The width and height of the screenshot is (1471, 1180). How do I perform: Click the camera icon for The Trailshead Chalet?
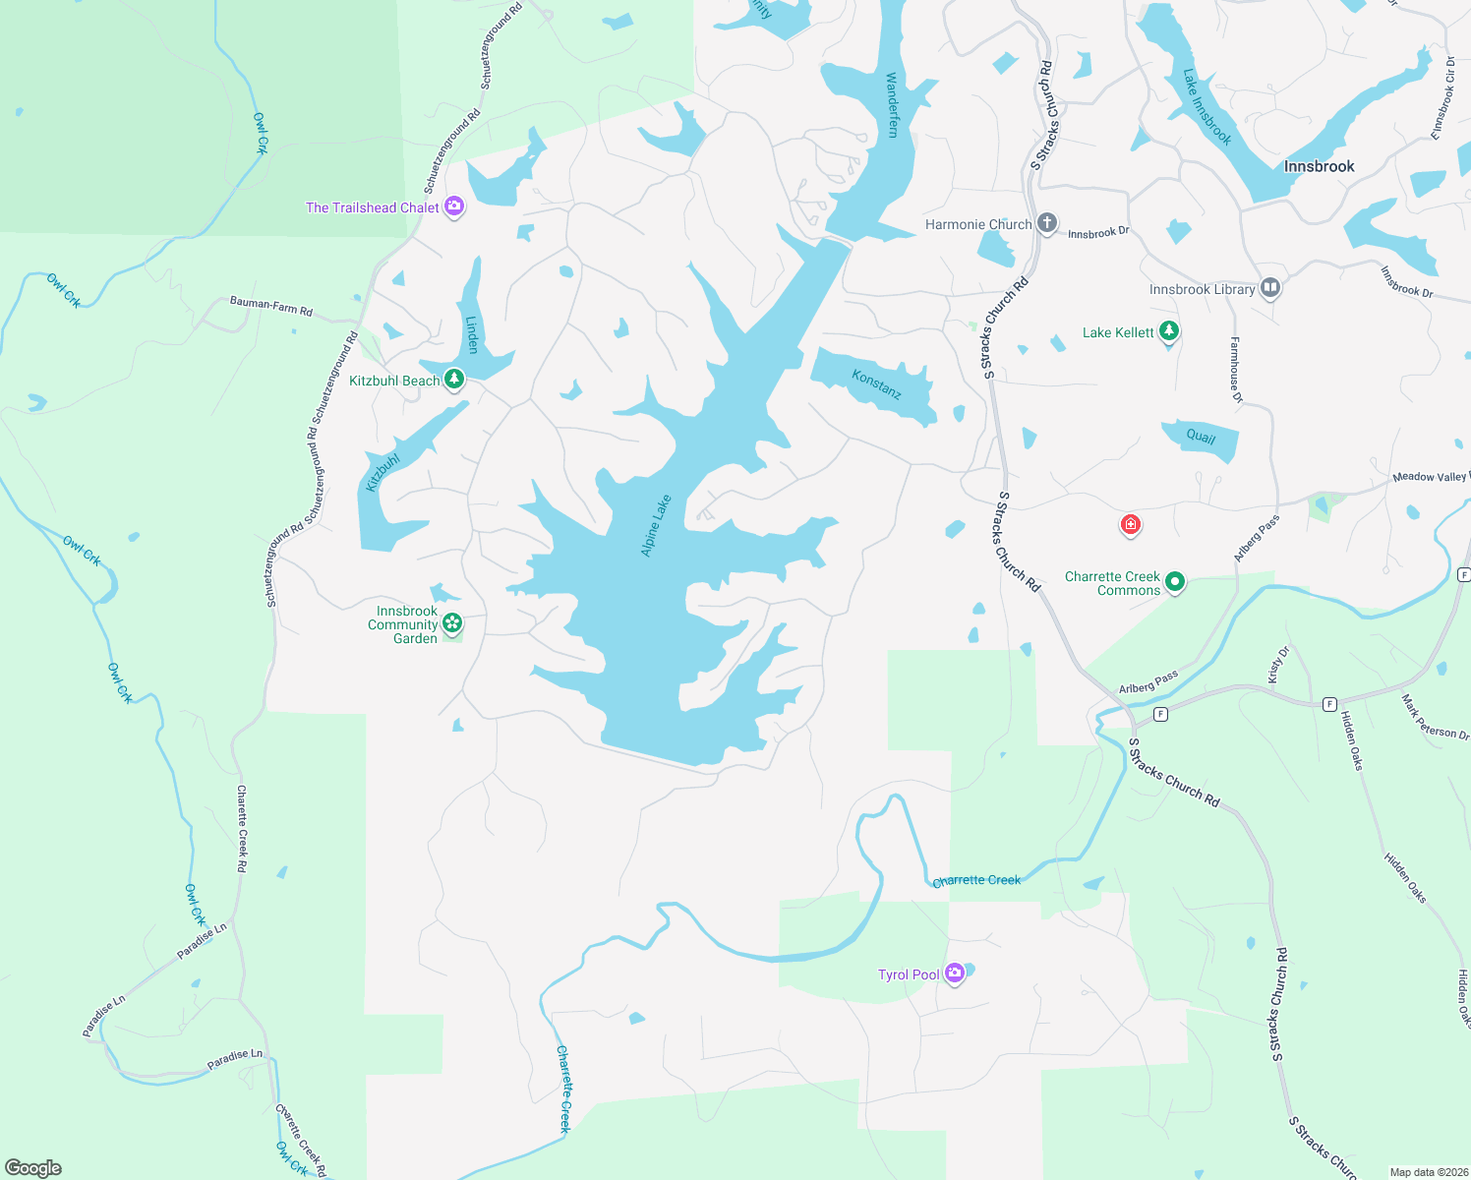(454, 206)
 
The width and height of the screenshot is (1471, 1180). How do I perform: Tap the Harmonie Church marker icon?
(1047, 223)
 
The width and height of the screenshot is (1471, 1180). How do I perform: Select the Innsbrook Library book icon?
(1270, 288)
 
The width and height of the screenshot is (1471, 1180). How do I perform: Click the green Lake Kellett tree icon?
(1169, 331)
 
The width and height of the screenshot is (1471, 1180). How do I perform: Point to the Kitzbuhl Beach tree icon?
(453, 380)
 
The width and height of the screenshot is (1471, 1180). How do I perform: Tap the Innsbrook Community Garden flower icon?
(452, 622)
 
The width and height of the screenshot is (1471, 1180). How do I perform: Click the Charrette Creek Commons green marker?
(1175, 583)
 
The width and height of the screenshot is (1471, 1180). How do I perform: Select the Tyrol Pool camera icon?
(954, 973)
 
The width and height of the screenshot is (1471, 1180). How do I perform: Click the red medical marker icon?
(1131, 525)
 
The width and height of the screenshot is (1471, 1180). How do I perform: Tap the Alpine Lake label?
(656, 525)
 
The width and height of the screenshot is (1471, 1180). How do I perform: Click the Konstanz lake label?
(876, 384)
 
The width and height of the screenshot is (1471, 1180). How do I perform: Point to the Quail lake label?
(1201, 437)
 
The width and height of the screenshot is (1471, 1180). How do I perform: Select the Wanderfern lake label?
(892, 104)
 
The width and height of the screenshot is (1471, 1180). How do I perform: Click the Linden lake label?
(472, 334)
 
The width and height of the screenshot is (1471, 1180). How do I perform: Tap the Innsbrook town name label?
(1319, 166)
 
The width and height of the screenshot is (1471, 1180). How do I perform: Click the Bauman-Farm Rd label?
(271, 307)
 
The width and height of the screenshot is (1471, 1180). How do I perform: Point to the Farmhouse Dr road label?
(1236, 370)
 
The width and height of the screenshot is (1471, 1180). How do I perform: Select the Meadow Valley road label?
(1430, 477)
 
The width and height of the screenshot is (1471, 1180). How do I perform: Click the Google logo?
(33, 1167)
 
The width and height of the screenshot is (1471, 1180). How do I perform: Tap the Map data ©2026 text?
(1427, 1172)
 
